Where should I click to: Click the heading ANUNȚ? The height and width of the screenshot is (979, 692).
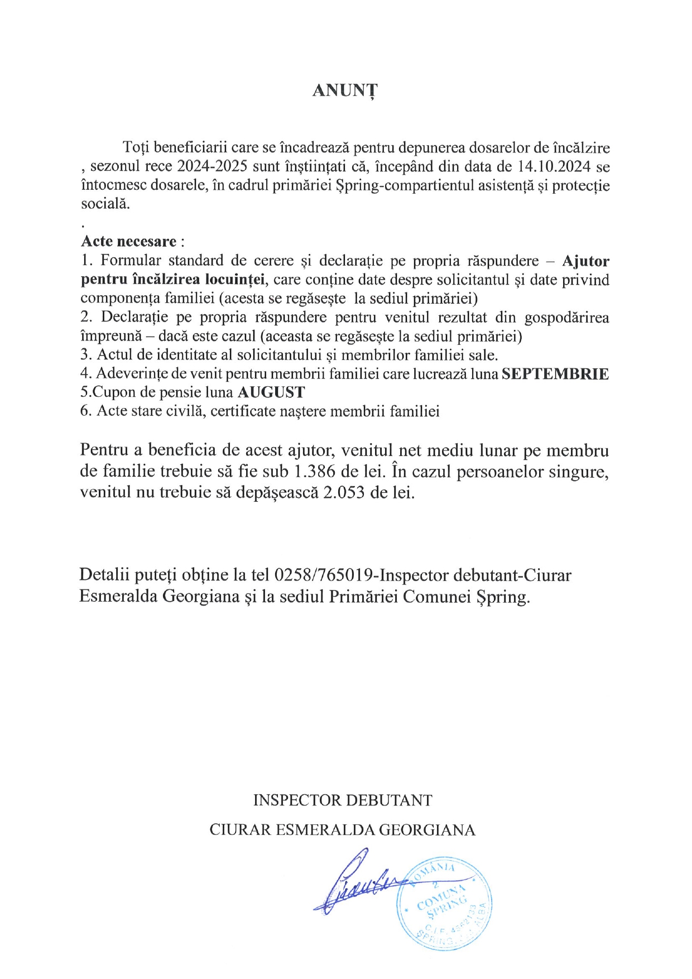point(345,90)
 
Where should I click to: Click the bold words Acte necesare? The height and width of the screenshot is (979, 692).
point(129,241)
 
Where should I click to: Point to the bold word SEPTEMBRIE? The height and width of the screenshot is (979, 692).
point(555,373)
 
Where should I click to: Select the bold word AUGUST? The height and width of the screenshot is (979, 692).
point(271,392)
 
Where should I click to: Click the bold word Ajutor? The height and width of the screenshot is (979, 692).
point(585,261)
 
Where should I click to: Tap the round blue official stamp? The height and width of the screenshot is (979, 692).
point(445,902)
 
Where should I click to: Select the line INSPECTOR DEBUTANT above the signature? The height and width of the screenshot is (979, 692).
point(343,800)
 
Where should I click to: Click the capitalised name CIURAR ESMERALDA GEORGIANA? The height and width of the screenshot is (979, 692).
point(343,830)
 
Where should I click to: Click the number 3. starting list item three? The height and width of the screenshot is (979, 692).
point(86,355)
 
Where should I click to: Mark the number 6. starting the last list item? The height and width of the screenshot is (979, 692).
point(86,411)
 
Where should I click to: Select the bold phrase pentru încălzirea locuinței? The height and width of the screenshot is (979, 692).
point(173,279)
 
